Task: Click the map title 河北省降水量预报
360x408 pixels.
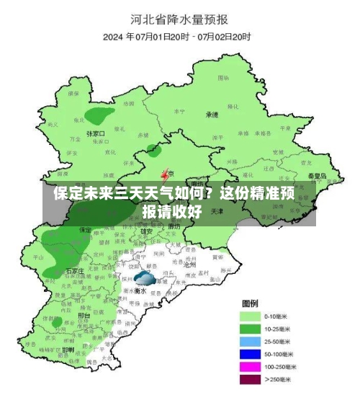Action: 179,17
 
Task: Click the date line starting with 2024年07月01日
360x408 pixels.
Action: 176,36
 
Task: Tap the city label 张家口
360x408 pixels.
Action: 96,133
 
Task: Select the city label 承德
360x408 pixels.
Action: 212,115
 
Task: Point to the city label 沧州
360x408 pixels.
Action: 190,265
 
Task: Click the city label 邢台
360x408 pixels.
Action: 84,315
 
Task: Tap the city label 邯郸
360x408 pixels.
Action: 68,349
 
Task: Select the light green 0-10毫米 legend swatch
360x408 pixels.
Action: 250,316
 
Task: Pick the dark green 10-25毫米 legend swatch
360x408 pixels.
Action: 250,329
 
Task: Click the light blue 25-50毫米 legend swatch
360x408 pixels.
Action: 250,342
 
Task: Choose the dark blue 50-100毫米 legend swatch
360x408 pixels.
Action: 250,354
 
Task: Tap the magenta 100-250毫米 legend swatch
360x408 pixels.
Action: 250,367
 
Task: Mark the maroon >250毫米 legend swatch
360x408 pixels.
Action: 250,379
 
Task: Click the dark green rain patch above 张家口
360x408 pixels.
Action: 99,115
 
